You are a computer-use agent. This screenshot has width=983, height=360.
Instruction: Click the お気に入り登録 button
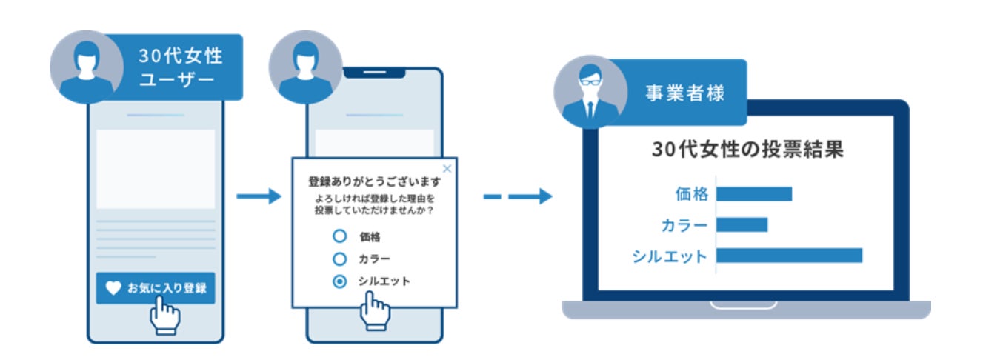[155, 287]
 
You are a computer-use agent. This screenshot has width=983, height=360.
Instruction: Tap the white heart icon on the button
[113, 288]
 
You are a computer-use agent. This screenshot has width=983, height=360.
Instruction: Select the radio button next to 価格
[339, 236]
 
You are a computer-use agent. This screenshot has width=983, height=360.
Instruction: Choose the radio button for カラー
[339, 259]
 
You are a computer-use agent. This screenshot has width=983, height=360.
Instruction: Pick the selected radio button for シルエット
[339, 281]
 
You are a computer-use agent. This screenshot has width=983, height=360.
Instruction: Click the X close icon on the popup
[446, 169]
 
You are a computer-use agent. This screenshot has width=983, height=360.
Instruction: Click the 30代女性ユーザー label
[180, 67]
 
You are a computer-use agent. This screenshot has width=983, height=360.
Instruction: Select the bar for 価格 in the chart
[753, 194]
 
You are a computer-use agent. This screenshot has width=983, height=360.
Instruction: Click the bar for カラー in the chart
[742, 224]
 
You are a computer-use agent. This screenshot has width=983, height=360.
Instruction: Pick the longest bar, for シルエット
[789, 256]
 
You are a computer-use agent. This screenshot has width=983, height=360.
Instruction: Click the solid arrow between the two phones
[259, 196]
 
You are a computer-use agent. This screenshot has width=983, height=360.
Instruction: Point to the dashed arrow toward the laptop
[518, 196]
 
